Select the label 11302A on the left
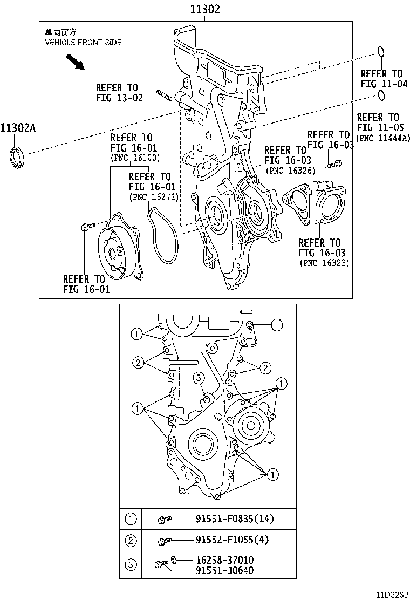click(x=17, y=128)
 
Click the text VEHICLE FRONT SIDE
click(x=83, y=42)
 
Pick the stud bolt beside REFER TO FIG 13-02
click(x=163, y=96)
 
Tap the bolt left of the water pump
click(x=87, y=227)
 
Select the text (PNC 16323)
click(x=324, y=263)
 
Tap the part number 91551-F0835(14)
click(x=235, y=519)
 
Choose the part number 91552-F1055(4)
click(x=233, y=540)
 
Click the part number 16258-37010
click(x=224, y=560)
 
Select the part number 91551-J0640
click(x=224, y=570)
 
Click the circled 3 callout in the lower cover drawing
click(x=199, y=377)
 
